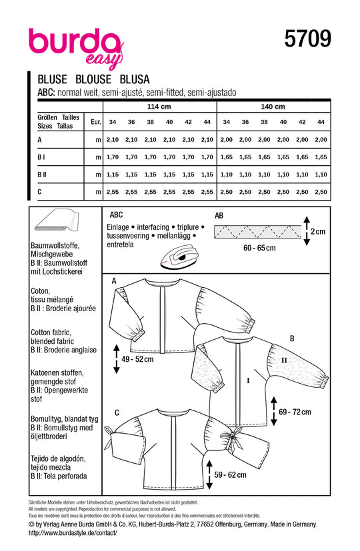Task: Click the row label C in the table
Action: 32,191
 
